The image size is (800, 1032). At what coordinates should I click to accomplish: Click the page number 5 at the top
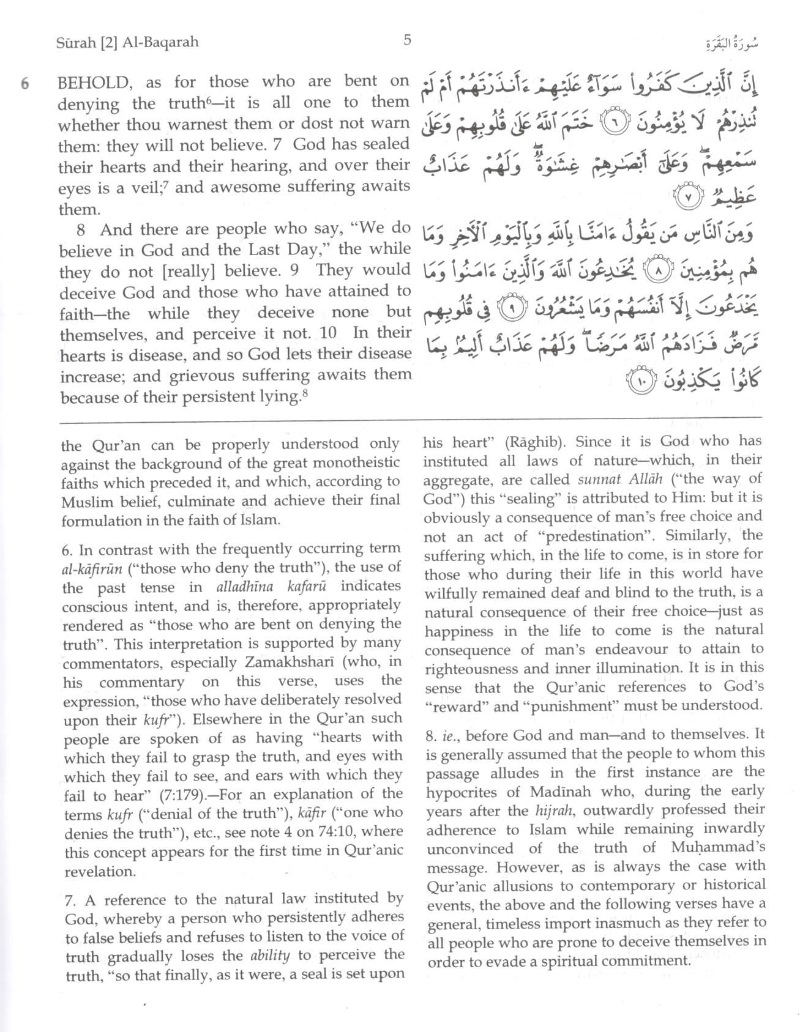[407, 40]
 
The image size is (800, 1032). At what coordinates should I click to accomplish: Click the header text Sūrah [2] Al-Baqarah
[127, 43]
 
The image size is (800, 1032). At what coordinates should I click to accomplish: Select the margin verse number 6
[25, 83]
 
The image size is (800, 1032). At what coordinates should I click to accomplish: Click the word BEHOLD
[92, 83]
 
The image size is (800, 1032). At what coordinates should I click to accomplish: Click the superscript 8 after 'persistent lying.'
[305, 395]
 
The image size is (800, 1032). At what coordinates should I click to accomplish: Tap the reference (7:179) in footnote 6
[195, 795]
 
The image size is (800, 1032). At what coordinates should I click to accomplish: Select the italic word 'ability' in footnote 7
[270, 955]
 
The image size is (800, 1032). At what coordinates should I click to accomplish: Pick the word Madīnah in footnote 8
[564, 791]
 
